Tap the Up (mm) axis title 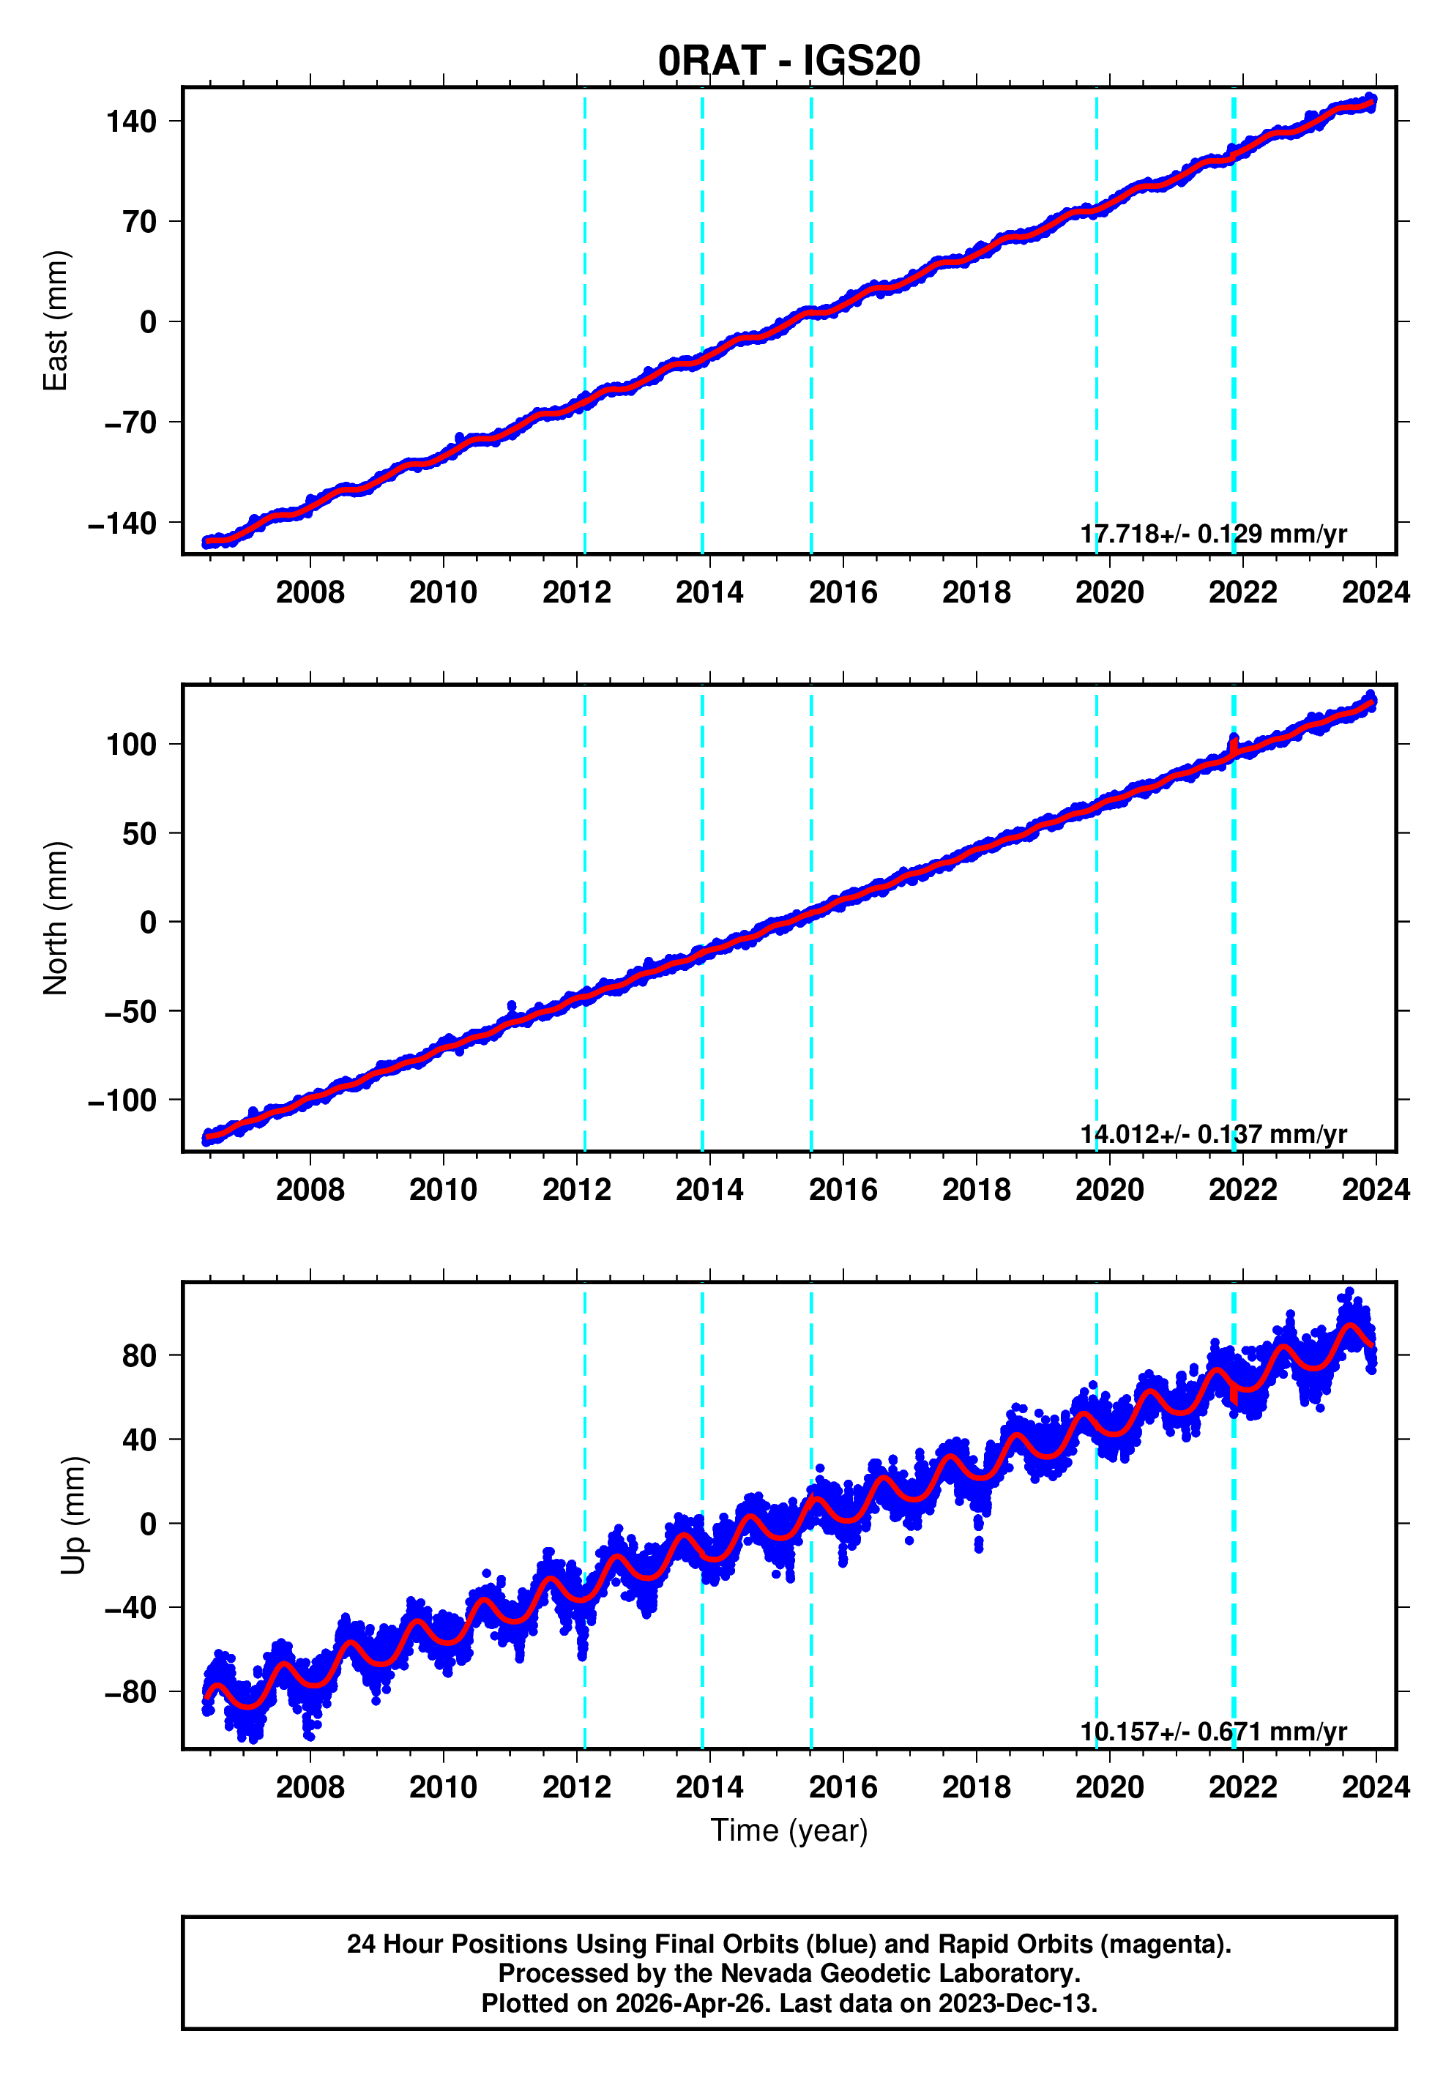[x=74, y=1516]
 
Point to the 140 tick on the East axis [x=131, y=121]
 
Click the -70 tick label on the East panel [x=130, y=422]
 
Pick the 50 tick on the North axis [x=139, y=833]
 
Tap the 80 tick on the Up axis [x=139, y=1355]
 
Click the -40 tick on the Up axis [x=130, y=1608]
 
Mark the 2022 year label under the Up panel [x=1242, y=1787]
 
